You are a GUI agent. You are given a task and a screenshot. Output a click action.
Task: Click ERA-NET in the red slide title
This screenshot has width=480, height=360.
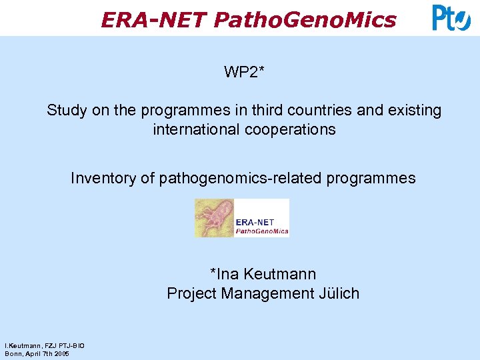click(x=153, y=20)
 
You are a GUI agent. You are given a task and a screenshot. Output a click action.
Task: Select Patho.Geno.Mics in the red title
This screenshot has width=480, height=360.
click(x=305, y=20)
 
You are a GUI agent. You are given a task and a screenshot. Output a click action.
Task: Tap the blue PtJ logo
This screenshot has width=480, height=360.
click(x=451, y=17)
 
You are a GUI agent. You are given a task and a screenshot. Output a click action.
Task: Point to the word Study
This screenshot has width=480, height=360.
click(x=67, y=110)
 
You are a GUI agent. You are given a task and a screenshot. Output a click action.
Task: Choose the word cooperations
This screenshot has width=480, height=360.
click(x=293, y=129)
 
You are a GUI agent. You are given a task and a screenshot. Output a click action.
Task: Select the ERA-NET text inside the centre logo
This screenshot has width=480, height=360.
click(x=262, y=222)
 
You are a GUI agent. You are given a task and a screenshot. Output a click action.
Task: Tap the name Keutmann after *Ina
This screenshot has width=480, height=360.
click(x=279, y=274)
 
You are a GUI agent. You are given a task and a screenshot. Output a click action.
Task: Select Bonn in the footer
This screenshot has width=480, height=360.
click(x=13, y=353)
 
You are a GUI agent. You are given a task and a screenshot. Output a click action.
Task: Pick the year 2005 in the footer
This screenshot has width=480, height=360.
click(x=61, y=353)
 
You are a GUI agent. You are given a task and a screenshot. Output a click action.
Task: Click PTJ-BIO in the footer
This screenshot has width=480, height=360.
click(x=69, y=345)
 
